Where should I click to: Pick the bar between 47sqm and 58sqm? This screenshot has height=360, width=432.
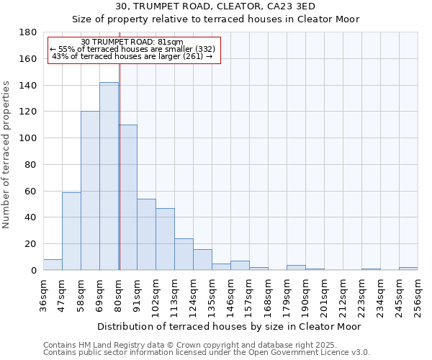[x=71, y=231]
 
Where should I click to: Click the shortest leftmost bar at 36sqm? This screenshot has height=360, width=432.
[x=53, y=265]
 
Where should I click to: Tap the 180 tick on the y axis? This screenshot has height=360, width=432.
[x=29, y=32]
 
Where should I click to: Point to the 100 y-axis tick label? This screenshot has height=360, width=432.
[x=29, y=138]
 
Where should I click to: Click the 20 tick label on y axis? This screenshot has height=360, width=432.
[x=31, y=244]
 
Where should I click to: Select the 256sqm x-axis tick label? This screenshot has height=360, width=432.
[x=418, y=295]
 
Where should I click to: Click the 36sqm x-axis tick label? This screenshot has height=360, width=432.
[x=43, y=295]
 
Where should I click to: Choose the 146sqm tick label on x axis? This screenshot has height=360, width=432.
[x=230, y=295]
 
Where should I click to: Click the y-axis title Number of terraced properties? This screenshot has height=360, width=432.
[x=6, y=155]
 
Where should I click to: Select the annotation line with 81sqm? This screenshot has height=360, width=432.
[x=132, y=42]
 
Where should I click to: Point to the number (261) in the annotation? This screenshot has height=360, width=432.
[x=194, y=56]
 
